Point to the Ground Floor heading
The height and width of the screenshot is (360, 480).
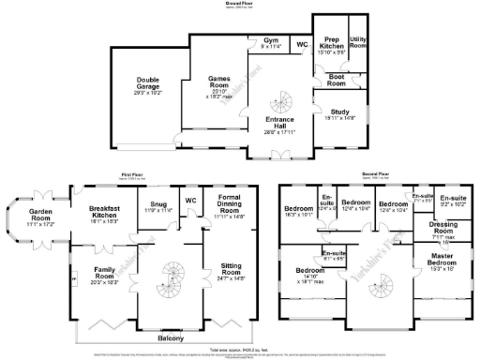click(240, 4)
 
